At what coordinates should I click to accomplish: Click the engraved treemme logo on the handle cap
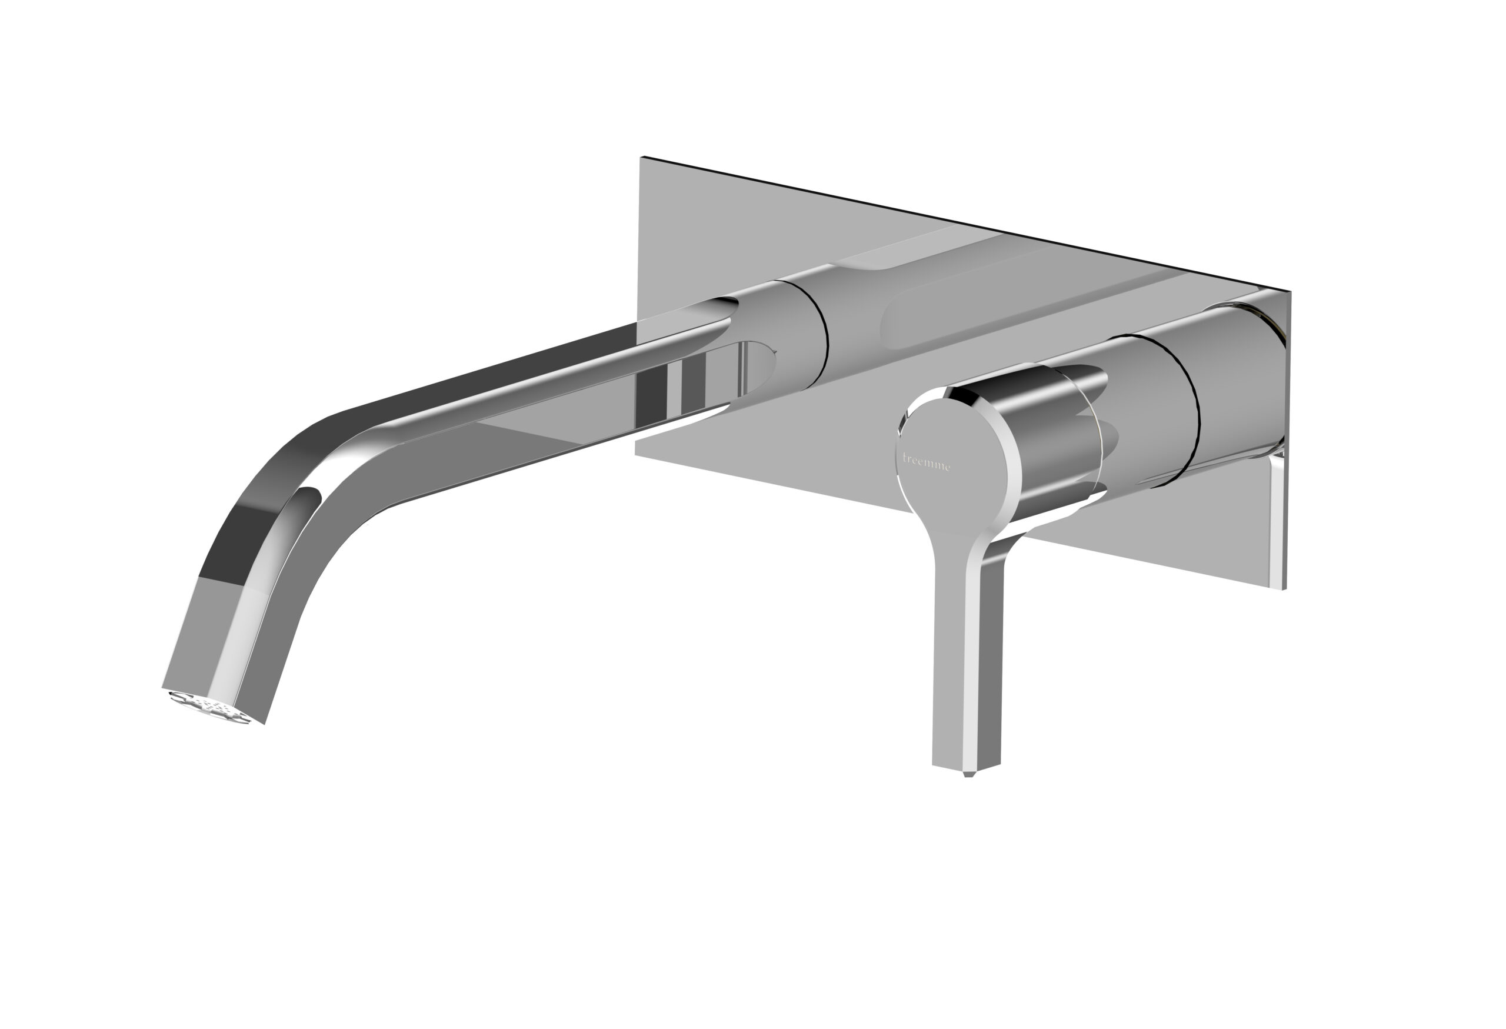click(x=927, y=462)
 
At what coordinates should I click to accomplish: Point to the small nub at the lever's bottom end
click(x=968, y=774)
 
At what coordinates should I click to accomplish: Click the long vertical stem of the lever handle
click(x=967, y=661)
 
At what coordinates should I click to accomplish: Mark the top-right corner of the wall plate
click(x=1290, y=293)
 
